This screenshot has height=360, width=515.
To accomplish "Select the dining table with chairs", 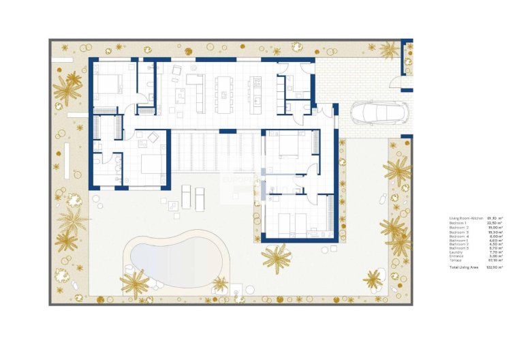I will click(223, 95).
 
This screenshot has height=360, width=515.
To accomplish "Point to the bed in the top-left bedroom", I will click(108, 85).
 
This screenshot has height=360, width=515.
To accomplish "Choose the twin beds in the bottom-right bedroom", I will click(293, 221).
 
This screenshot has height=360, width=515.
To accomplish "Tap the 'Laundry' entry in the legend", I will click(456, 252).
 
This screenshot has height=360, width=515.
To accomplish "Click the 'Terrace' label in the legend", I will click(455, 260).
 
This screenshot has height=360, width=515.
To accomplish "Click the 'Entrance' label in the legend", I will click(456, 256).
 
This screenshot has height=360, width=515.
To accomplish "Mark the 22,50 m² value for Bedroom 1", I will click(494, 223).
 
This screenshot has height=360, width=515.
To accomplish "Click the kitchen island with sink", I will click(257, 95).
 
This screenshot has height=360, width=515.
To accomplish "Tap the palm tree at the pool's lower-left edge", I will click(134, 282).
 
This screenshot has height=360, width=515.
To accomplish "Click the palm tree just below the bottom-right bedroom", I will click(277, 257).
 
